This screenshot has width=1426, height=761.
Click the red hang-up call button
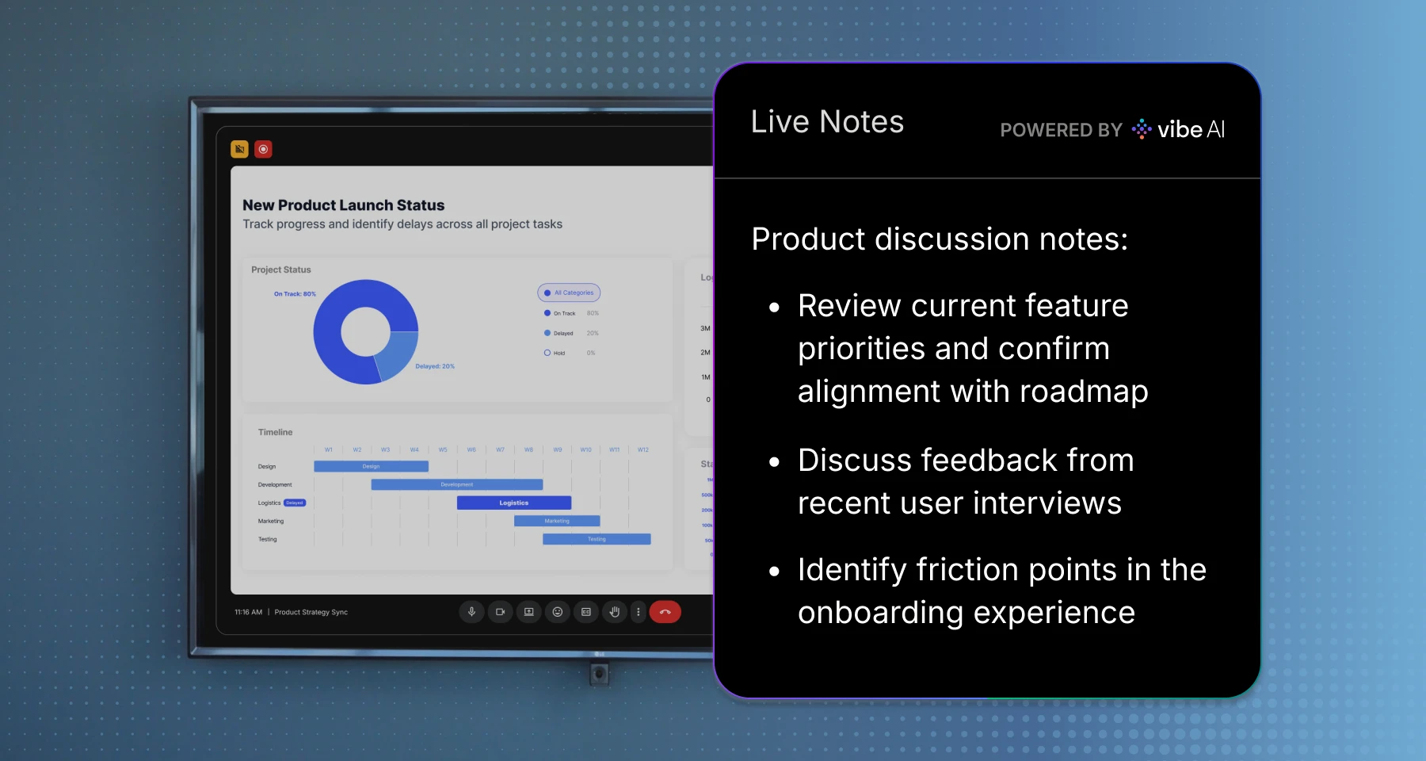click(x=665, y=612)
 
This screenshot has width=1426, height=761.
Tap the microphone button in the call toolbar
click(x=471, y=612)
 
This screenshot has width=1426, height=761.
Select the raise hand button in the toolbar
click(x=614, y=612)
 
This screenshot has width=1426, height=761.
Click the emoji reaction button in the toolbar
click(x=557, y=612)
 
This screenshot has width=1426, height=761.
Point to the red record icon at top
click(x=263, y=149)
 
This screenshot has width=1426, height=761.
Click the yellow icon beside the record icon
click(x=239, y=149)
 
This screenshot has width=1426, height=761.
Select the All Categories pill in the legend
click(x=569, y=293)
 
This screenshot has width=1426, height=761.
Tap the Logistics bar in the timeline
click(x=513, y=503)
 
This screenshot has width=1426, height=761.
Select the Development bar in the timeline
click(x=456, y=484)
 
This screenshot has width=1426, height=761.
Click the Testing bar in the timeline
click(x=596, y=539)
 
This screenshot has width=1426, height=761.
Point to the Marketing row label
click(x=271, y=521)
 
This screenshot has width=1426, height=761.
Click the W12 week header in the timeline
click(x=642, y=449)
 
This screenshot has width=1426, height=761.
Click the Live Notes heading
click(x=827, y=122)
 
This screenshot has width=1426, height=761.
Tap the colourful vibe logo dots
click(x=1142, y=128)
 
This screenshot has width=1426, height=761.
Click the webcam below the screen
click(x=599, y=674)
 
